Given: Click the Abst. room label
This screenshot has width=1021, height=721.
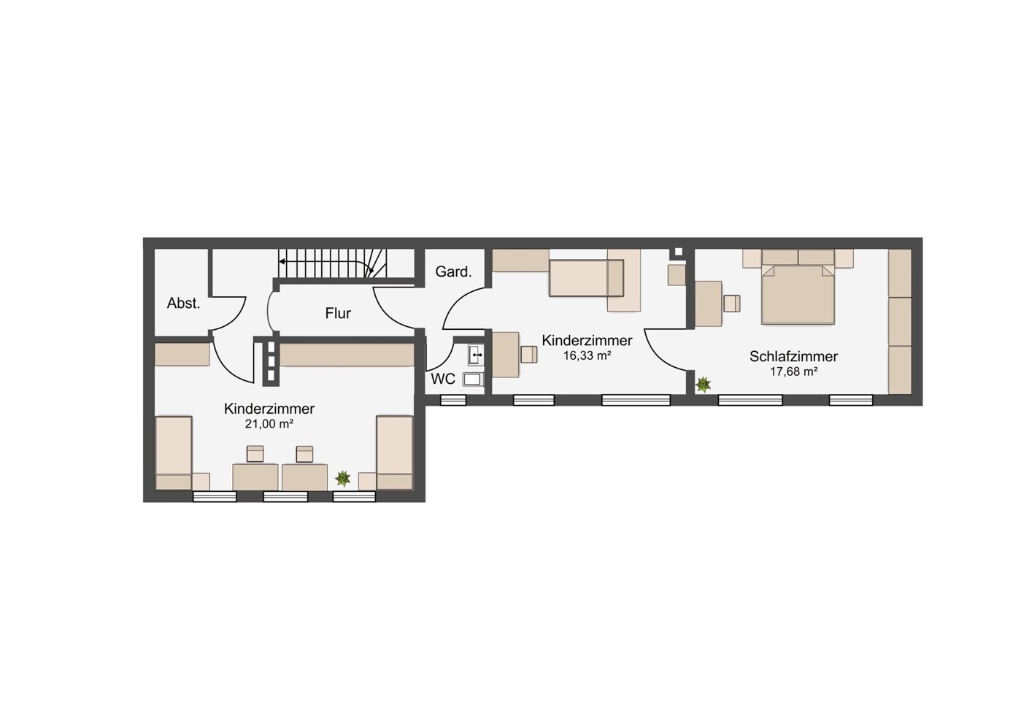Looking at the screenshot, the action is [x=183, y=303].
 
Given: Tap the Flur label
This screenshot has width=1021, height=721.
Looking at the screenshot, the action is [x=338, y=313].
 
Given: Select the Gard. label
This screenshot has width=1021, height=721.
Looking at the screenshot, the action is [x=453, y=272].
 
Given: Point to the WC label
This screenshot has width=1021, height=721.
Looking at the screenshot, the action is [x=442, y=379].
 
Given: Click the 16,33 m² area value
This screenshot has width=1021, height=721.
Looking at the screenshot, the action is [x=587, y=356].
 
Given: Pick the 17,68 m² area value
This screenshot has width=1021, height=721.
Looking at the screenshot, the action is [x=793, y=372].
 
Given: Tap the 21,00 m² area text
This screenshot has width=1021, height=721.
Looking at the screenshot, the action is [x=269, y=424].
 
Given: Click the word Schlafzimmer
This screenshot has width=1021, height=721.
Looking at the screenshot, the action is [x=793, y=356].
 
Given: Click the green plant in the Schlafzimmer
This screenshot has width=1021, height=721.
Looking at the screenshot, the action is [x=703, y=384].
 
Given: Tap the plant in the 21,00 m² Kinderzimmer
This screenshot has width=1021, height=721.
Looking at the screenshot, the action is [x=343, y=478].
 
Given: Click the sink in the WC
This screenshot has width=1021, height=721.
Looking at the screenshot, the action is [x=476, y=355].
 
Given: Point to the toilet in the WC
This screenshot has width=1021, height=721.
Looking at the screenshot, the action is [x=473, y=379].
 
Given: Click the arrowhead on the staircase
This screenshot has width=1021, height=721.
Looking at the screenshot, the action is [x=282, y=261].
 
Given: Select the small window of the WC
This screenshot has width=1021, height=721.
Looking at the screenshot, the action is [x=453, y=400].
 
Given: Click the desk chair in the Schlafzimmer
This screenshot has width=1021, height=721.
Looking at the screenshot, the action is [x=732, y=304].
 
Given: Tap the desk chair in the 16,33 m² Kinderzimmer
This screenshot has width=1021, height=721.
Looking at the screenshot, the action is [x=528, y=355].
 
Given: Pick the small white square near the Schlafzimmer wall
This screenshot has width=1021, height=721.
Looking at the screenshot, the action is [x=678, y=252].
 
